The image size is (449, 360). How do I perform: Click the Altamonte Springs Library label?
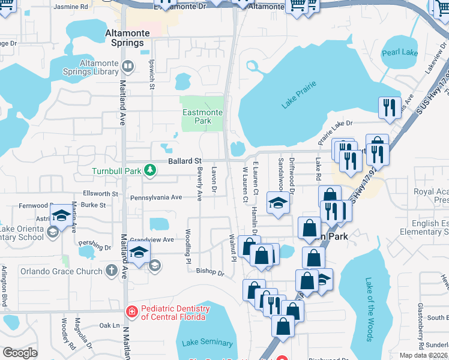[90, 67]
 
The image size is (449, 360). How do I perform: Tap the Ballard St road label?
[184, 161]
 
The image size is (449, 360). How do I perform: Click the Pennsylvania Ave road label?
[155, 197]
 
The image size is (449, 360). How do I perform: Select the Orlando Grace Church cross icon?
[110, 271]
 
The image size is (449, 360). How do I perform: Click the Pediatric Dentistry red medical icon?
[131, 312]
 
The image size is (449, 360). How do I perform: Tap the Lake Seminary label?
[207, 343]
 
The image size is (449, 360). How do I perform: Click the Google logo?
[20, 352]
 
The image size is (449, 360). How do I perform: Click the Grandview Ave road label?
[152, 239]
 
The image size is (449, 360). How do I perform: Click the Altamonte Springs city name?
[124, 38]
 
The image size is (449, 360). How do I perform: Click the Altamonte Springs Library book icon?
[127, 66]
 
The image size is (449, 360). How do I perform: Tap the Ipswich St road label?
[152, 75]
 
